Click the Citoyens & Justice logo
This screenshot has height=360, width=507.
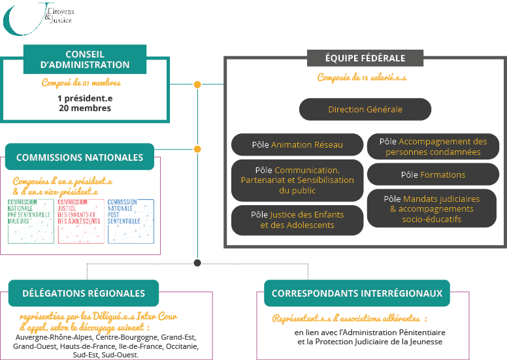coord(38,18)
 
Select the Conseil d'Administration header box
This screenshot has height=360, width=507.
coord(85,59)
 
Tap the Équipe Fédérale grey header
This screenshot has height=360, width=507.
coord(365,58)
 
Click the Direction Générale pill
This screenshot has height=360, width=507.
coord(365,109)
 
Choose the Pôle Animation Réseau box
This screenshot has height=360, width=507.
coord(297,144)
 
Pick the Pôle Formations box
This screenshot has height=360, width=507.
coord(433,174)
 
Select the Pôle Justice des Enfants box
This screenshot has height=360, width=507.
coord(297,220)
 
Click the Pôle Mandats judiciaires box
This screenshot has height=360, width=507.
coord(432,208)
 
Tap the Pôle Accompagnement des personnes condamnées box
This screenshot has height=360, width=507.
coord(433,146)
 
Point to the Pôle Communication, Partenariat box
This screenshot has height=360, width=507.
coord(297,180)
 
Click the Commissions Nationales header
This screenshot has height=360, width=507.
coord(80,157)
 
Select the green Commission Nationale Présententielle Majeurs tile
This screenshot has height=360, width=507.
coord(31,221)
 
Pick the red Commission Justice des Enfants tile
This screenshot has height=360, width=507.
coord(81,221)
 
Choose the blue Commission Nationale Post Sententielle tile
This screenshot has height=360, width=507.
coord(131,221)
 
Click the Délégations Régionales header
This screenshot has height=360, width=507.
coord(84,293)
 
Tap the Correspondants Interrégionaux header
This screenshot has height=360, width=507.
coord(357,293)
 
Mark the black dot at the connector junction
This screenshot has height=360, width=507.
coord(197,263)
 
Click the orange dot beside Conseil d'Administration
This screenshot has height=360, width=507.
coord(197,85)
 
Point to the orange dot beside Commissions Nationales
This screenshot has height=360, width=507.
coord(197,149)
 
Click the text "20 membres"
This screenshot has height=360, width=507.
coord(85,108)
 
